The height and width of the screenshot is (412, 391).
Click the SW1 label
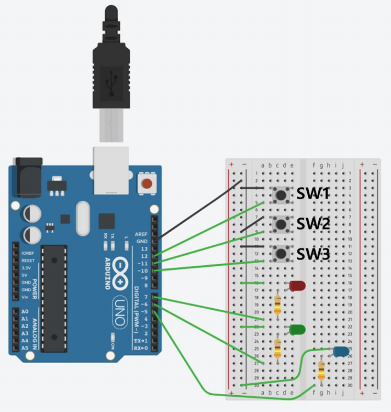tap(313, 194)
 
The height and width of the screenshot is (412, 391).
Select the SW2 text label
tap(313, 224)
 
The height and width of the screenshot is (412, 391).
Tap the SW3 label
tap(313, 255)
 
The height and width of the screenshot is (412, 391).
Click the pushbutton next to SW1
tap(281, 195)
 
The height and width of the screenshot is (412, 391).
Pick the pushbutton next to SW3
tap(281, 255)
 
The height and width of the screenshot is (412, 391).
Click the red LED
tap(297, 286)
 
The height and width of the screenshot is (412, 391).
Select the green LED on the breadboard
tap(297, 330)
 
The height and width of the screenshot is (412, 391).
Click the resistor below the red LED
tap(277, 303)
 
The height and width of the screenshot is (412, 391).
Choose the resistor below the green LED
tap(277, 348)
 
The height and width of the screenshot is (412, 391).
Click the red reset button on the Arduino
tap(148, 184)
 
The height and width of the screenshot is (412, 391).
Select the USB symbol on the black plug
tap(111, 82)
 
